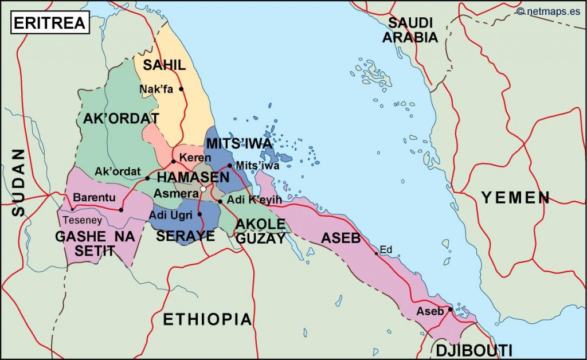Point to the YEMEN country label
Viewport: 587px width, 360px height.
tap(515, 198)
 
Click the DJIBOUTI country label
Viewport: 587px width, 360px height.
tap(473, 350)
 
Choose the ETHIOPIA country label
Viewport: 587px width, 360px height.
tap(208, 319)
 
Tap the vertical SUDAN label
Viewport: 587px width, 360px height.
tap(18, 182)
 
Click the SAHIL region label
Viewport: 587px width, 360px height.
tap(165, 65)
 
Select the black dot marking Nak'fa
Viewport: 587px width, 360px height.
tap(181, 89)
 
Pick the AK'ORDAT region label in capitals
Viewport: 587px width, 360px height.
tap(121, 119)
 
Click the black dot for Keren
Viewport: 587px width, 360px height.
tap(173, 162)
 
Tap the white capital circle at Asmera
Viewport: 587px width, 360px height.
tap(202, 189)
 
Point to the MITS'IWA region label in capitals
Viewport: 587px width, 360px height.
tap(240, 143)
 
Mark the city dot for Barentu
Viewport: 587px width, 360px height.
tap(121, 210)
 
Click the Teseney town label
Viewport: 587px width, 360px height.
tap(82, 220)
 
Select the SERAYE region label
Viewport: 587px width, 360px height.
tap(186, 236)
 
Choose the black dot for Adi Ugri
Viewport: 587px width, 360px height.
tap(199, 214)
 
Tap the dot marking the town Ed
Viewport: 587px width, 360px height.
tap(376, 253)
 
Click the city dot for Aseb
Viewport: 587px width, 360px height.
tap(451, 310)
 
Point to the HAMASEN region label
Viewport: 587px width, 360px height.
tap(193, 177)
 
